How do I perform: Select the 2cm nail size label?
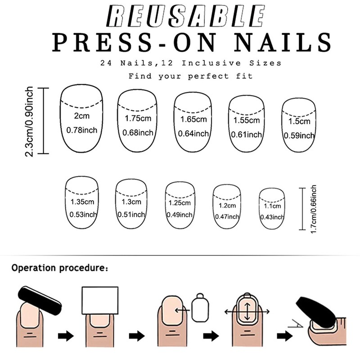click(81, 116)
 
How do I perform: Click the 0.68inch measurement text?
click(138, 133)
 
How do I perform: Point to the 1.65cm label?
click(193, 120)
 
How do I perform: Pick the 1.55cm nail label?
click(247, 121)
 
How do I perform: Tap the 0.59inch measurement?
click(299, 135)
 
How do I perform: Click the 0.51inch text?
click(131, 214)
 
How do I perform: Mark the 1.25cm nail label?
click(180, 203)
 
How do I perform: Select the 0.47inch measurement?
click(227, 216)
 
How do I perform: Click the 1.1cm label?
click(272, 206)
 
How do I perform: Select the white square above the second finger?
click(99, 301)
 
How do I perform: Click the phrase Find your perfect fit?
click(190, 76)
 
